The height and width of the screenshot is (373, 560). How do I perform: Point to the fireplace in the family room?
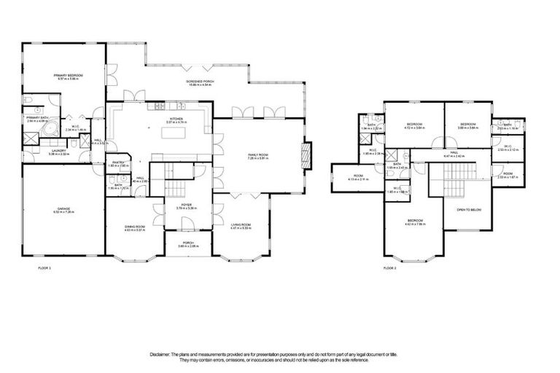point(306,154)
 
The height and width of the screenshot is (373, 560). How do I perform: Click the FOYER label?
point(186,205)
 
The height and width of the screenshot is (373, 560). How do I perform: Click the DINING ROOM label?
point(134,227)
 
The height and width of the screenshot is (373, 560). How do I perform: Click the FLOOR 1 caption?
point(44,268)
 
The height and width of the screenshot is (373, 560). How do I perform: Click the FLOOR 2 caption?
point(389,268)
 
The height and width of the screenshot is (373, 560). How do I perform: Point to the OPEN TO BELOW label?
point(469,209)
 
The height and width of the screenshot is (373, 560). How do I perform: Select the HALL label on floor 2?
point(454,153)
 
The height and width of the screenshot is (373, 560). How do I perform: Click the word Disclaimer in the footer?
point(160,354)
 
